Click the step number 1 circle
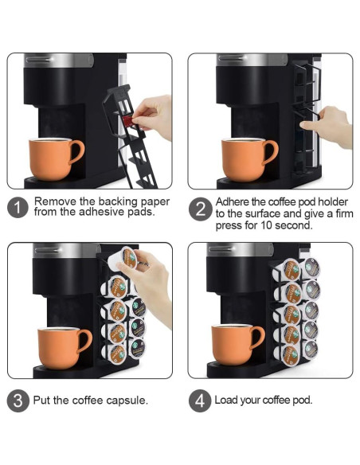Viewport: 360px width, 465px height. (18, 208)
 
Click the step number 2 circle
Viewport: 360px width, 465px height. (200, 209)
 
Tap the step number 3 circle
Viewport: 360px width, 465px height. (18, 400)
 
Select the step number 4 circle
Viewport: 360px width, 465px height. (200, 400)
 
